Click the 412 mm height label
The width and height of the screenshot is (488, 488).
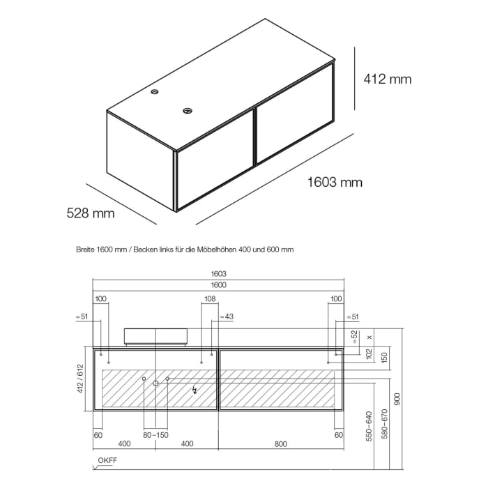(x=388, y=79)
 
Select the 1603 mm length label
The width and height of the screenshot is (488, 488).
(x=335, y=183)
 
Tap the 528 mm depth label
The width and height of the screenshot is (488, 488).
(x=91, y=213)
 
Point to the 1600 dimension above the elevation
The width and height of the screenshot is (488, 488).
(x=218, y=284)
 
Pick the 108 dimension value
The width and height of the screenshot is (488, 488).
(x=209, y=298)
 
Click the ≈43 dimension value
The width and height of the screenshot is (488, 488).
(x=227, y=317)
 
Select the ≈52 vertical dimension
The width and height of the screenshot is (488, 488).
(x=353, y=337)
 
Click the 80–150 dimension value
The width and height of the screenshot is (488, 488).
(x=156, y=435)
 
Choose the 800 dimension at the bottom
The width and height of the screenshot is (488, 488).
(x=281, y=444)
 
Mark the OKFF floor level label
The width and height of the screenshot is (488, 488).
(x=107, y=461)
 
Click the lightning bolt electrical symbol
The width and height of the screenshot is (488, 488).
(x=195, y=392)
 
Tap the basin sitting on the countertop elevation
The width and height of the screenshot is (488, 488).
(x=155, y=337)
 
